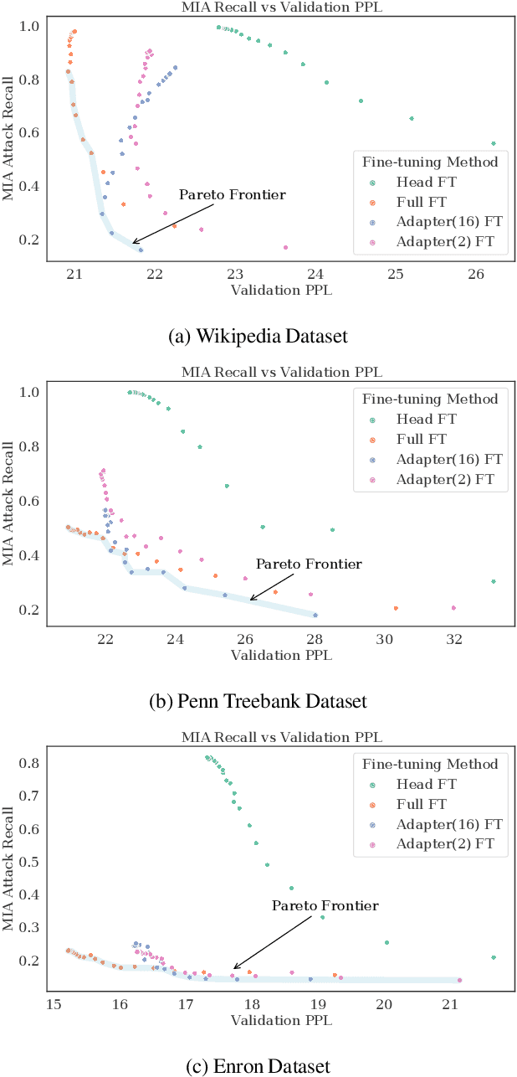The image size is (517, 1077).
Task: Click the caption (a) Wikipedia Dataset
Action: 258,336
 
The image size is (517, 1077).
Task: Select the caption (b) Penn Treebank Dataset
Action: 258,700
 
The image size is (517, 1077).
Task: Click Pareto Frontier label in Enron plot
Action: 325,906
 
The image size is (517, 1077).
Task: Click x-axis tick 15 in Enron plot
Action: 54,1003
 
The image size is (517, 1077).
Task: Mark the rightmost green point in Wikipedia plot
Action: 493,143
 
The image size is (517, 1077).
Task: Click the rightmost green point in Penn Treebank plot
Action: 494,581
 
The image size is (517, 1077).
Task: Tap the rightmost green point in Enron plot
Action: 494,957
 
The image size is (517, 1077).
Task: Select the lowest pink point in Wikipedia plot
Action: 285,247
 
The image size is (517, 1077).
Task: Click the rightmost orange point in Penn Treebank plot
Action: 396,608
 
